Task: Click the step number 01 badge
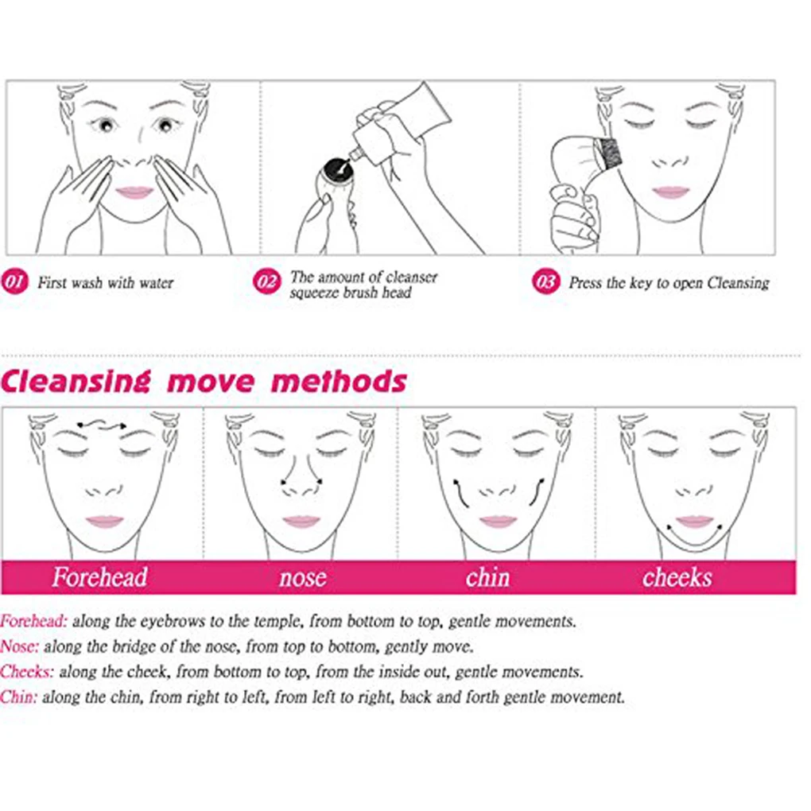15,282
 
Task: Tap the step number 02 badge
267,282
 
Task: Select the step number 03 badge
545,282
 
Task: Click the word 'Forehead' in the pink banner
100,577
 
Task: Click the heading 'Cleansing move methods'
204,382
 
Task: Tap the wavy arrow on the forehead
102,424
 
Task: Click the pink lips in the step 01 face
134,192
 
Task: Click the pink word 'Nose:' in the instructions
19,646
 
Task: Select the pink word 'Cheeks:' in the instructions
27,672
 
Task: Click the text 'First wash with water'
105,283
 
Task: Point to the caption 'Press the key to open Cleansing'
668,283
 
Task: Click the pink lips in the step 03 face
671,192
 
